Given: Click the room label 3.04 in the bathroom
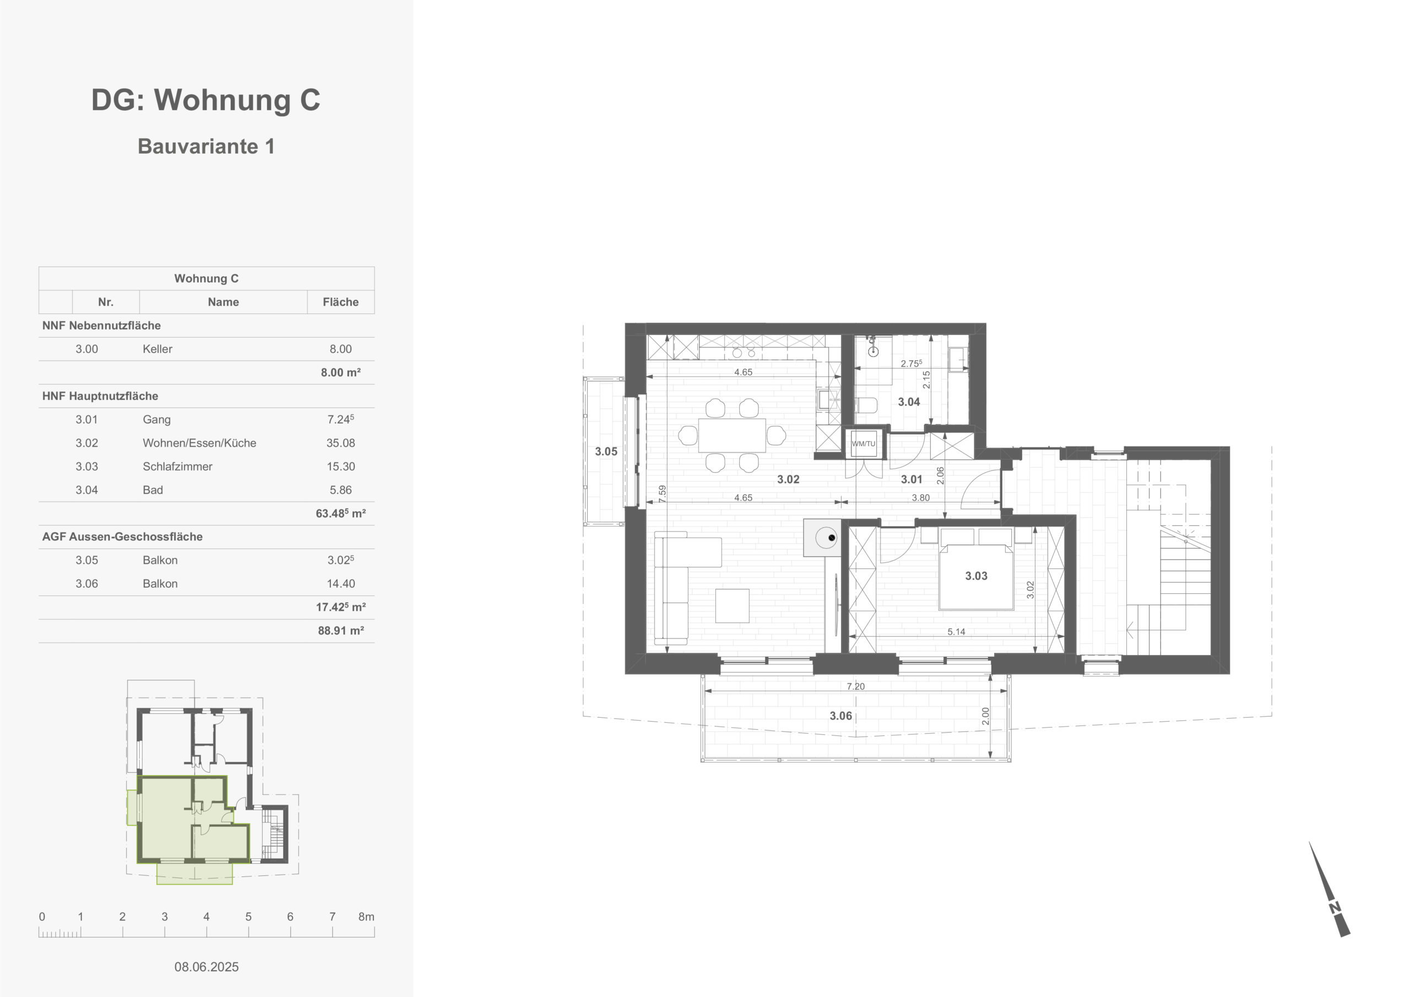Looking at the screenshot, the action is click(x=908, y=402).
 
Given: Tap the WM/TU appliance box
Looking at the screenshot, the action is click(x=863, y=443).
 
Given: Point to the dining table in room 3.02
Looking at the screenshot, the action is click(x=731, y=435).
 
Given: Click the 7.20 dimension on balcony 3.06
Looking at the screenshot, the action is click(x=855, y=686).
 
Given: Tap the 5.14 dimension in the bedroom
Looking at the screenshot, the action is click(x=956, y=631).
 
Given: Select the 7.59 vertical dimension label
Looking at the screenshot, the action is click(x=661, y=494).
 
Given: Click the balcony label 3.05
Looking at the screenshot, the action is click(x=605, y=452).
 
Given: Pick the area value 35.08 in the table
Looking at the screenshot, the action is click(x=341, y=443).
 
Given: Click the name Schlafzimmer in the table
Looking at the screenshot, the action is click(x=177, y=466).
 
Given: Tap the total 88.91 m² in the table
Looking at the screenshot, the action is click(x=341, y=630).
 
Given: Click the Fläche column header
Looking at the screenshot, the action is click(x=341, y=302).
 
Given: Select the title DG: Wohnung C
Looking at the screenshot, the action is click(x=206, y=100).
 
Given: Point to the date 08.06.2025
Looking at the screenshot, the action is click(x=207, y=966).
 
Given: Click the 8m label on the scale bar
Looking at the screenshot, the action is click(x=367, y=917).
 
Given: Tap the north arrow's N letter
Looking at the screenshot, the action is click(x=1335, y=908).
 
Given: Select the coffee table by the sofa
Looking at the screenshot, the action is click(x=732, y=606).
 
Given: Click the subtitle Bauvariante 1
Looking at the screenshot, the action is click(x=206, y=146).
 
